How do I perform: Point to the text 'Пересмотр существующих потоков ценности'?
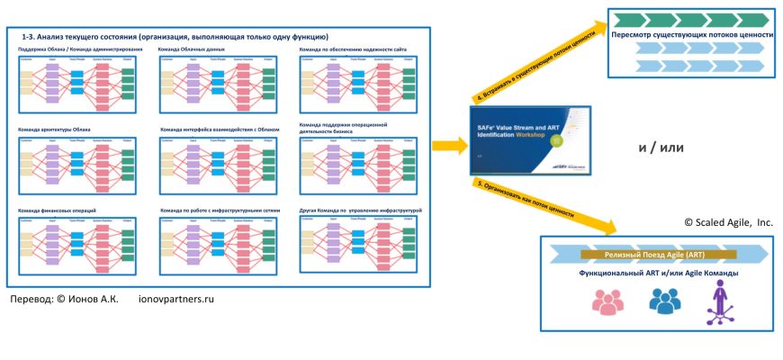(693, 34)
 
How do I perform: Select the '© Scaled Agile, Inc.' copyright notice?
(727, 221)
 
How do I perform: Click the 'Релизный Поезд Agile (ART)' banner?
(657, 255)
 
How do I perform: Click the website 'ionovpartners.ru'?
(178, 299)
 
